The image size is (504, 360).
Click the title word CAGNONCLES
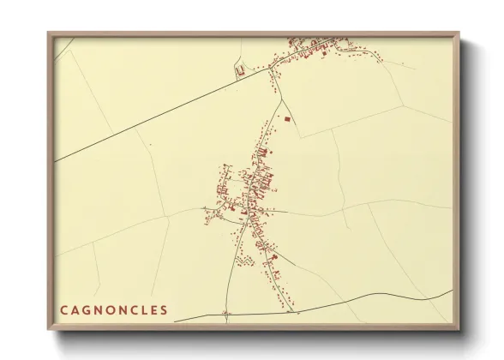click(114, 309)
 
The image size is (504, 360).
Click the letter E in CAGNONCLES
click(153, 309)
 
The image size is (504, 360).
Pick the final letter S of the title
click(164, 309)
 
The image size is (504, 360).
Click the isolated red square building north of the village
click(287, 119)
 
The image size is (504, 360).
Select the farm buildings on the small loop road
click(241, 69)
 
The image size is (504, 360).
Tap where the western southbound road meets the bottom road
click(226, 316)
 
